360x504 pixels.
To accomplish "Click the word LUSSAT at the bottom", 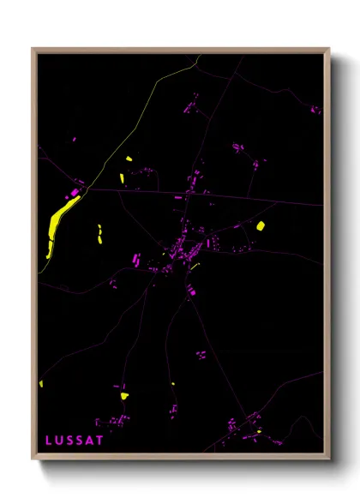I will pos(75,440).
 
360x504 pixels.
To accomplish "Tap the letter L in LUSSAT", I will pos(49,440).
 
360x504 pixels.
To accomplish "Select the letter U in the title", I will pos(59,440).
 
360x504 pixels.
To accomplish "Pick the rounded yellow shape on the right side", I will pos(261,226).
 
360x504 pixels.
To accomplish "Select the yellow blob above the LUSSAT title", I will pos(123,395).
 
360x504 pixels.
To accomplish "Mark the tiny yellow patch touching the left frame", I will pos(40,383).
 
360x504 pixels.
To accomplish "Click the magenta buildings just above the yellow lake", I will pos(76,191).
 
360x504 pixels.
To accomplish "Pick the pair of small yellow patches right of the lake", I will pos(99,234).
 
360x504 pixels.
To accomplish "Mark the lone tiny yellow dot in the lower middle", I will pos(172,384).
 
